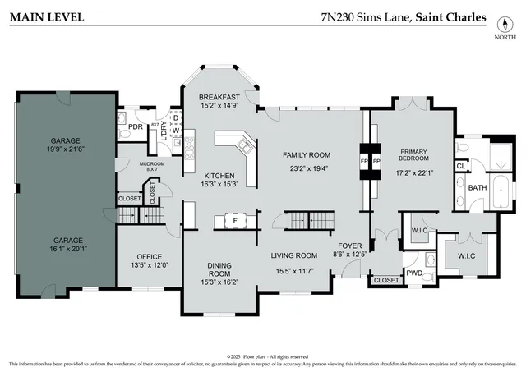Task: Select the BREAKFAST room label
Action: (219, 97)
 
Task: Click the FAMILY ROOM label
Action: (307, 155)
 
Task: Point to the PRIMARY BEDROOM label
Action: (413, 156)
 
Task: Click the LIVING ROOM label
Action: (294, 255)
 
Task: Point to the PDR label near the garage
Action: (136, 126)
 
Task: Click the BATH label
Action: (478, 188)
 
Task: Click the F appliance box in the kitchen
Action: (235, 221)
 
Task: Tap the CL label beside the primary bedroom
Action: (461, 165)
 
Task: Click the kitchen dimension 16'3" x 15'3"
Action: (219, 184)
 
